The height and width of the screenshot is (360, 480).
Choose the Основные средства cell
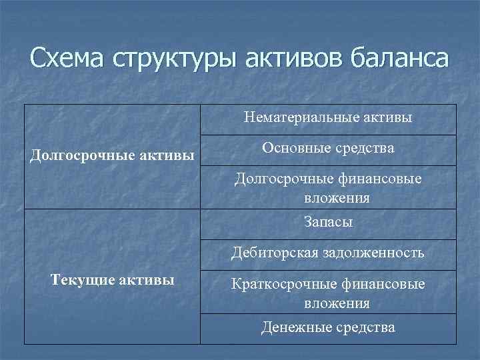pyautogui.click(x=328, y=149)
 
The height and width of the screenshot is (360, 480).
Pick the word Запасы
pyautogui.click(x=328, y=223)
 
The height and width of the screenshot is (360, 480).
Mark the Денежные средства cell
pyautogui.click(x=328, y=327)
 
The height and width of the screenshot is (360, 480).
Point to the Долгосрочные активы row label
pyautogui.click(x=113, y=156)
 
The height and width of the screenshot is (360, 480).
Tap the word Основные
pyautogui.click(x=293, y=149)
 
